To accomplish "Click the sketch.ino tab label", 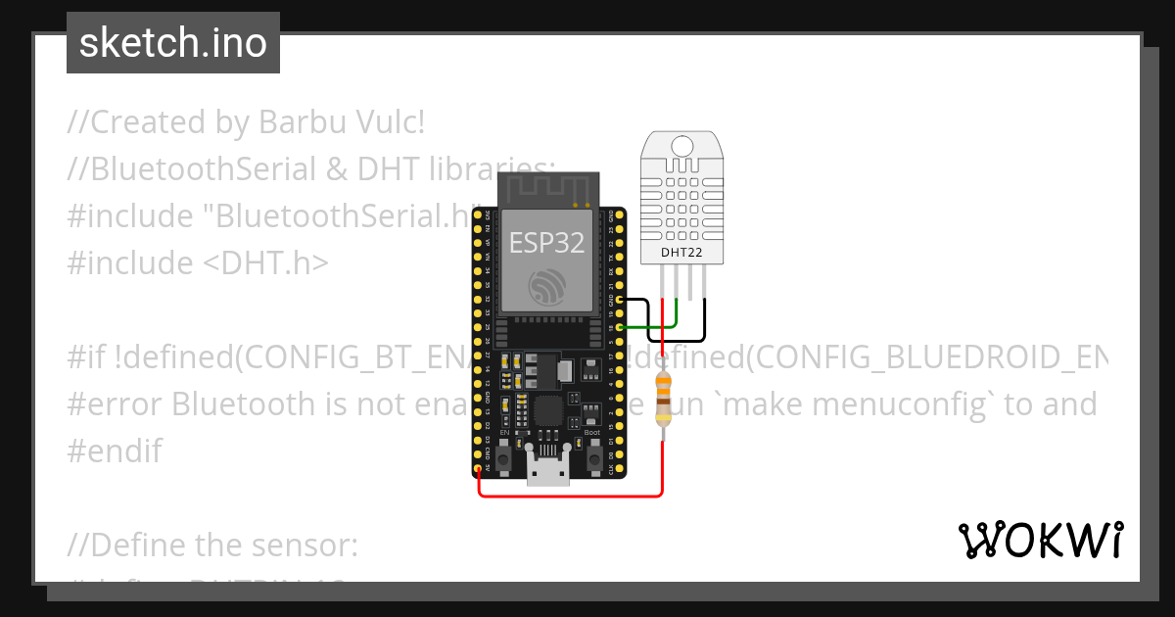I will click(x=173, y=43).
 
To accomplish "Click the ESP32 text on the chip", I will click(x=546, y=243).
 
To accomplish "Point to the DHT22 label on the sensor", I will click(x=682, y=252).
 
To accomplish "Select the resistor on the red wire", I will click(x=664, y=398).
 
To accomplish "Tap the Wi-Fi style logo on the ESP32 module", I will click(x=545, y=287).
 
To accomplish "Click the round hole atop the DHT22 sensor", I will click(x=682, y=145).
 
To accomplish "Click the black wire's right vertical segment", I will click(x=705, y=313).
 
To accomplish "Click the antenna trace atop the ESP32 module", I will click(x=546, y=188).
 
